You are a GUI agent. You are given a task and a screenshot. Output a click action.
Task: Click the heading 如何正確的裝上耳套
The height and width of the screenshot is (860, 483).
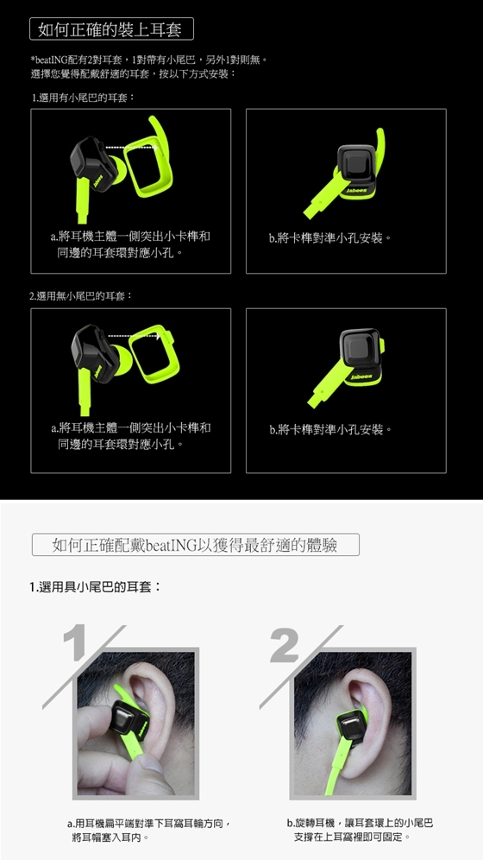[111, 29]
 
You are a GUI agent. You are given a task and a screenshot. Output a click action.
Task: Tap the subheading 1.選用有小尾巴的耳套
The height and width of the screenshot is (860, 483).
[83, 98]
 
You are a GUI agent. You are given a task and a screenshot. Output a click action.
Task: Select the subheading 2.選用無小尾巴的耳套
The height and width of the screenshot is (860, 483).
[81, 295]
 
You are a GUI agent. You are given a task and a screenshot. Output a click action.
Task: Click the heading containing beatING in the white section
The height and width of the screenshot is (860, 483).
[196, 545]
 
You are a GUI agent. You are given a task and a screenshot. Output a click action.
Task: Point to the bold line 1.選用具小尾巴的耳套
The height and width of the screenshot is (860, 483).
[95, 587]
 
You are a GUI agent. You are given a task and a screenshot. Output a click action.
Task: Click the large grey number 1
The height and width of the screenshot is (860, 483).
[74, 642]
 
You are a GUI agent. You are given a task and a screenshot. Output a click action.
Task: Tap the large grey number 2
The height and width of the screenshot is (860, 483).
[285, 645]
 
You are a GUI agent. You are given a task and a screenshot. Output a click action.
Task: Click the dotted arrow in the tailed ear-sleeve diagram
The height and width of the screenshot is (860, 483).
[131, 147]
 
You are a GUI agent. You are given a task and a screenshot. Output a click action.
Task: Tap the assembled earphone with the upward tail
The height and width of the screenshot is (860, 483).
[348, 170]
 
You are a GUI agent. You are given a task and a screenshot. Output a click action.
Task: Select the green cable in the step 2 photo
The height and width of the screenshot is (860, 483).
[337, 765]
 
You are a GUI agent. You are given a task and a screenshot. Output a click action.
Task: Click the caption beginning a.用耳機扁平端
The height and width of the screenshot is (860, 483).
[149, 831]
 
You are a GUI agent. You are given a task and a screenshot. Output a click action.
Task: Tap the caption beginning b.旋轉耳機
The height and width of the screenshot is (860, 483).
[360, 830]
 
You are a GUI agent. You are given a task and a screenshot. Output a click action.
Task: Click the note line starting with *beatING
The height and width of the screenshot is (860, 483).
[148, 59]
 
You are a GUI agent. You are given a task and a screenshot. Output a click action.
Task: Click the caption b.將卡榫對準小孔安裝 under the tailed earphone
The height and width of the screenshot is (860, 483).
[330, 238]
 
